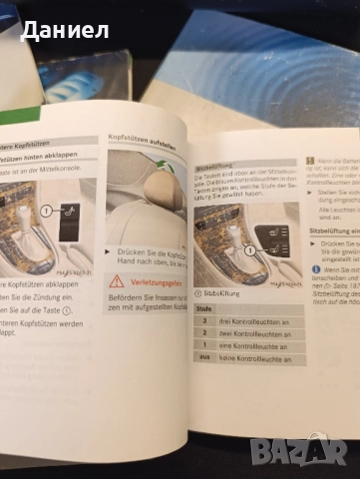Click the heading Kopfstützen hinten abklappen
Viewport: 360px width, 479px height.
point(40,157)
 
